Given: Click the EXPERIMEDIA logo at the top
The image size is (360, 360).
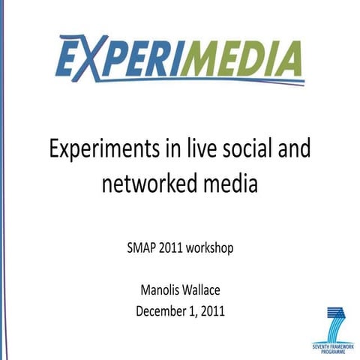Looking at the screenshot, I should (x=180, y=58).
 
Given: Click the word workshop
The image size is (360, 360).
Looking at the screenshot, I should (x=207, y=246).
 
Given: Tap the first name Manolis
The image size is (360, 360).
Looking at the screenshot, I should (x=160, y=290).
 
